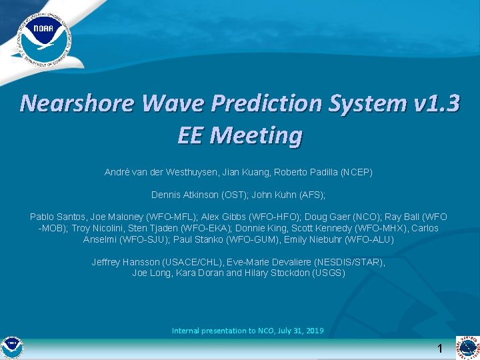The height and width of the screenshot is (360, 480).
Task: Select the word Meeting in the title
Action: [257, 135]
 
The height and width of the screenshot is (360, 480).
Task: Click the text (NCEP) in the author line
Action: [356, 172]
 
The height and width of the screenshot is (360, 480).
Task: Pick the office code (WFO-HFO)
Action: [278, 217]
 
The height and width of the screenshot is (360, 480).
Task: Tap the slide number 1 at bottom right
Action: [440, 349]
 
